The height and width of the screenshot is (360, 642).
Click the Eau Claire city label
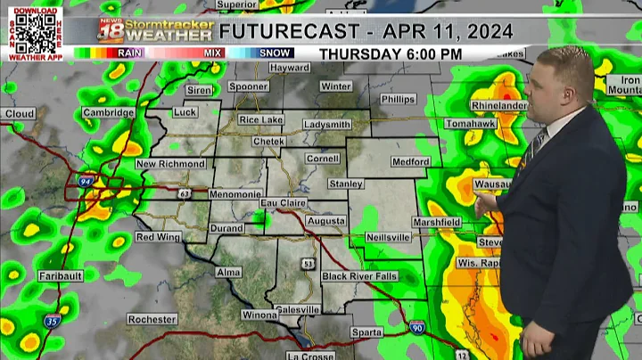[x=283, y=203]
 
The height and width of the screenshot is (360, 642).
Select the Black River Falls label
[x=361, y=276]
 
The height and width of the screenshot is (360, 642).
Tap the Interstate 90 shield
[x=417, y=329]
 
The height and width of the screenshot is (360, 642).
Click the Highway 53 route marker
[x=307, y=264]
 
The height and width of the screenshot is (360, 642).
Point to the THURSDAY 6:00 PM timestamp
[x=391, y=53]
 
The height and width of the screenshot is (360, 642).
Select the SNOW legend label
[x=275, y=53]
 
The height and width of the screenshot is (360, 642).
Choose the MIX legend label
[x=212, y=53]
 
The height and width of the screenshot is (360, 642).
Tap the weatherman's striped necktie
[x=539, y=143]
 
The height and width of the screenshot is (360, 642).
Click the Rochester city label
[x=152, y=319]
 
